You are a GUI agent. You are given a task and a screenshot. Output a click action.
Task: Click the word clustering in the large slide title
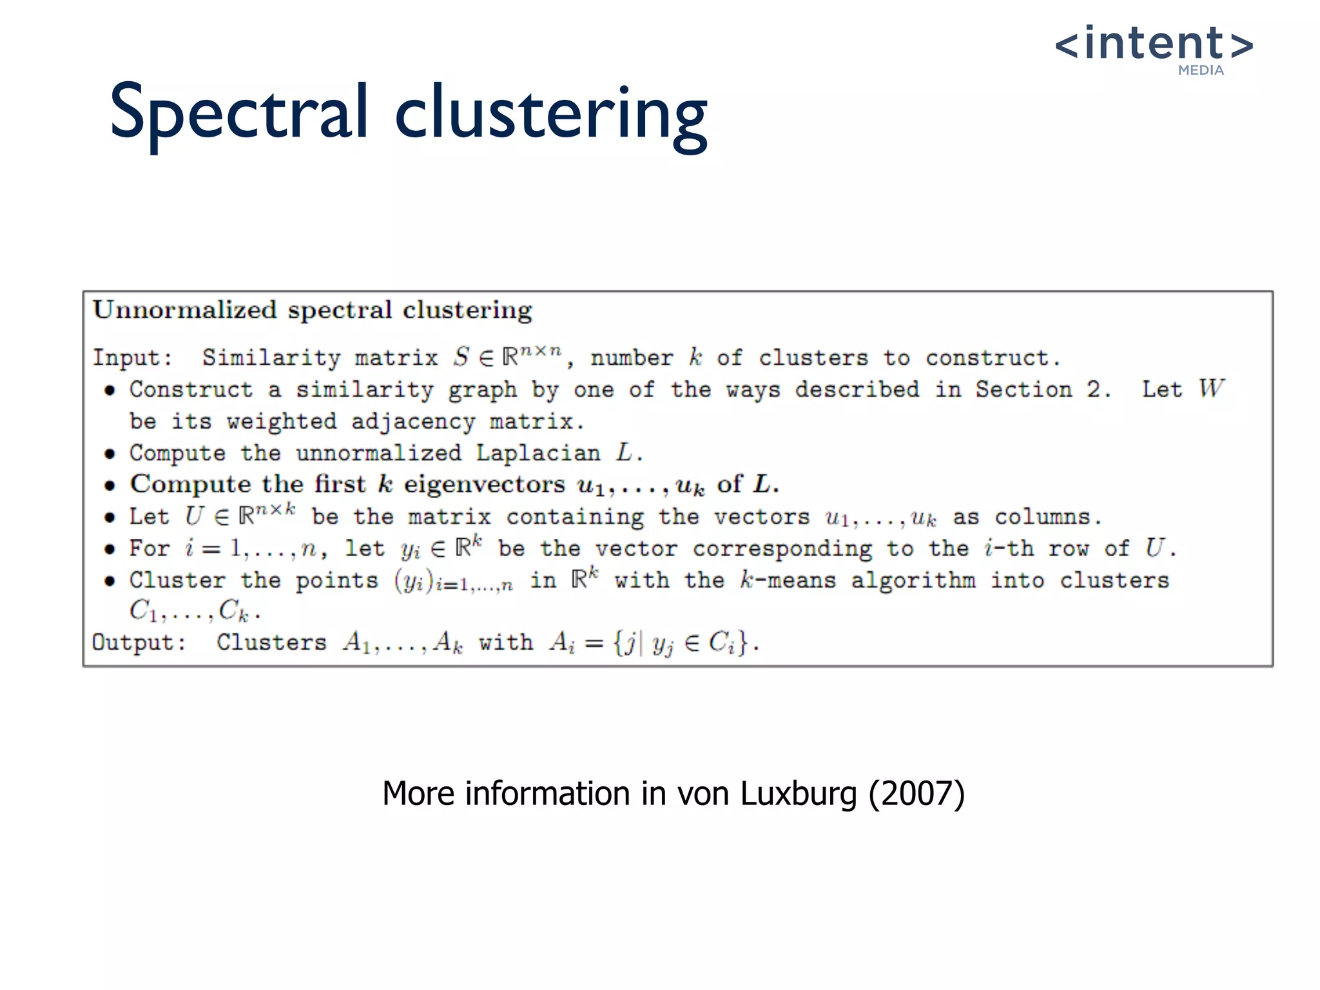pyautogui.click(x=551, y=116)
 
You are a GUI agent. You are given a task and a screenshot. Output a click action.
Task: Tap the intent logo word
pyautogui.click(x=1154, y=44)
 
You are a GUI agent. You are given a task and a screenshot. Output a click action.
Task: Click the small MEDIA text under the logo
pyautogui.click(x=1201, y=70)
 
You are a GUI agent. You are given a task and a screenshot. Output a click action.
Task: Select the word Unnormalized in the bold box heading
pyautogui.click(x=184, y=311)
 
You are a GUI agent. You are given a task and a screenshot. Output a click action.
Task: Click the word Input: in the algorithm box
pyautogui.click(x=133, y=358)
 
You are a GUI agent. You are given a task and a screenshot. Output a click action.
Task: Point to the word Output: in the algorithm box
pyautogui.click(x=139, y=643)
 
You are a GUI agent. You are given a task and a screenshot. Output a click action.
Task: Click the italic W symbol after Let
pyautogui.click(x=1211, y=389)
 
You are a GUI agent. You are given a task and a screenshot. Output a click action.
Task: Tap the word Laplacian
pyautogui.click(x=538, y=453)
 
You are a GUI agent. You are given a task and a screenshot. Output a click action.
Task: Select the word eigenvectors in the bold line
pyautogui.click(x=484, y=485)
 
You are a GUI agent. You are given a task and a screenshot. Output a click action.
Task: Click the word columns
pyautogui.click(x=1047, y=517)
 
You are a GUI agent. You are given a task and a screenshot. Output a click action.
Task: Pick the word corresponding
pyautogui.click(x=782, y=549)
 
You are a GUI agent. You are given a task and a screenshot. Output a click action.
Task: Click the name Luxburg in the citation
pyautogui.click(x=798, y=793)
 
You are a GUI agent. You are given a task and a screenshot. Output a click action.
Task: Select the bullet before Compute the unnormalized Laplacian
pyautogui.click(x=110, y=454)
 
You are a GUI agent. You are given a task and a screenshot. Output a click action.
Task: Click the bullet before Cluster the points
pyautogui.click(x=110, y=581)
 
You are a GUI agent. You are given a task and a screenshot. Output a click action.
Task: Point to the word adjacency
pyautogui.click(x=412, y=422)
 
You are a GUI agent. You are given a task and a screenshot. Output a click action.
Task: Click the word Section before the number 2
pyautogui.click(x=1024, y=390)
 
